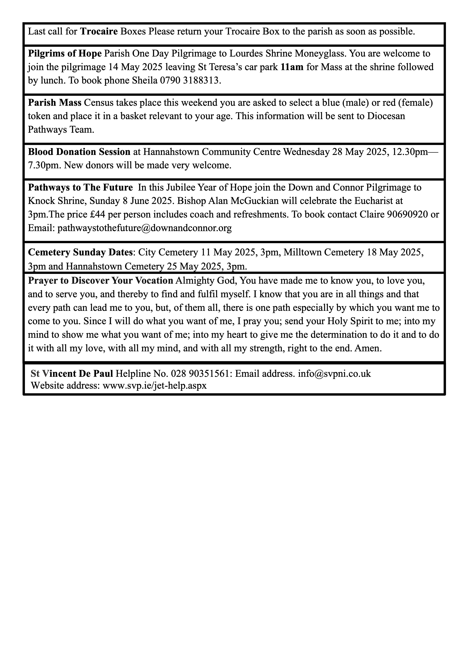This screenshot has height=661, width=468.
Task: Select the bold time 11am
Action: tap(292, 67)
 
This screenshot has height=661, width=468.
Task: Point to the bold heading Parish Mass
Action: tap(55, 103)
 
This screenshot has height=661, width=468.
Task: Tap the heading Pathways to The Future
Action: tap(80, 187)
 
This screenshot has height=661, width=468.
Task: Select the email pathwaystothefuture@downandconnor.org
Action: tap(145, 228)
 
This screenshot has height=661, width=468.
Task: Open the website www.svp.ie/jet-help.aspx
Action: tap(155, 385)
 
